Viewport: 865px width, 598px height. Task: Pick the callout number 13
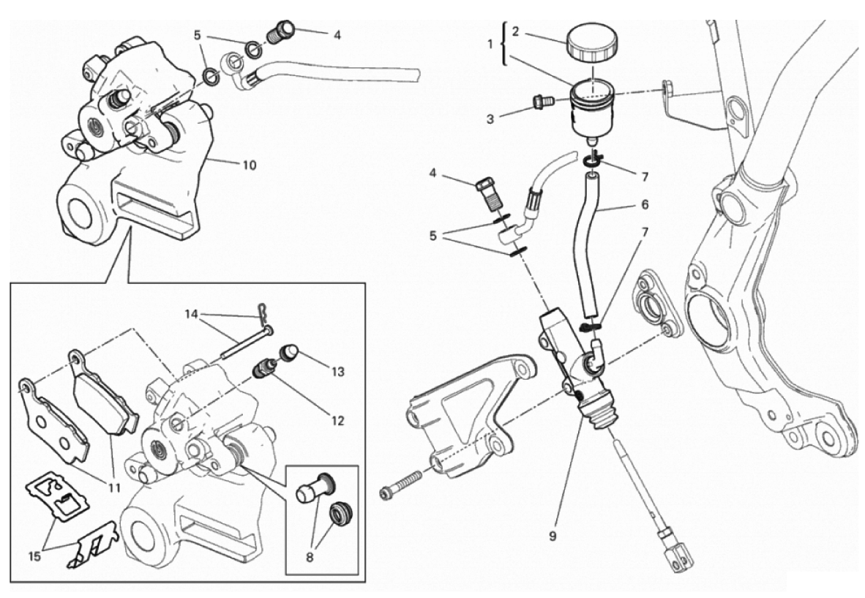tap(337, 372)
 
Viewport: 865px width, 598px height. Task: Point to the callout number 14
tap(192, 316)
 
